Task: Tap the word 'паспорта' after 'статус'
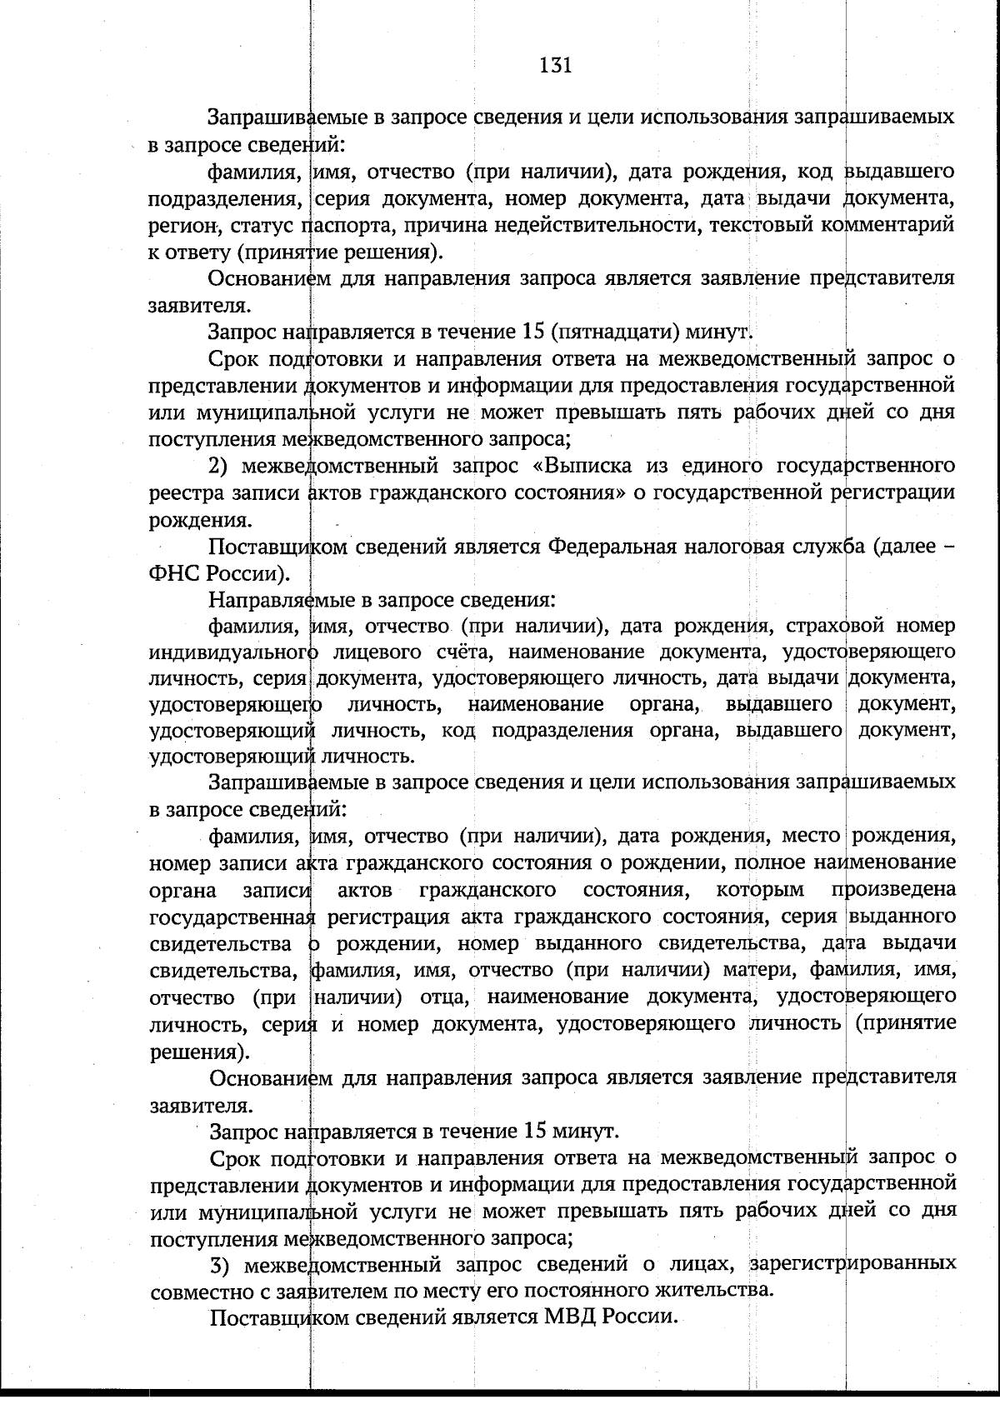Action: tap(337, 225)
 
